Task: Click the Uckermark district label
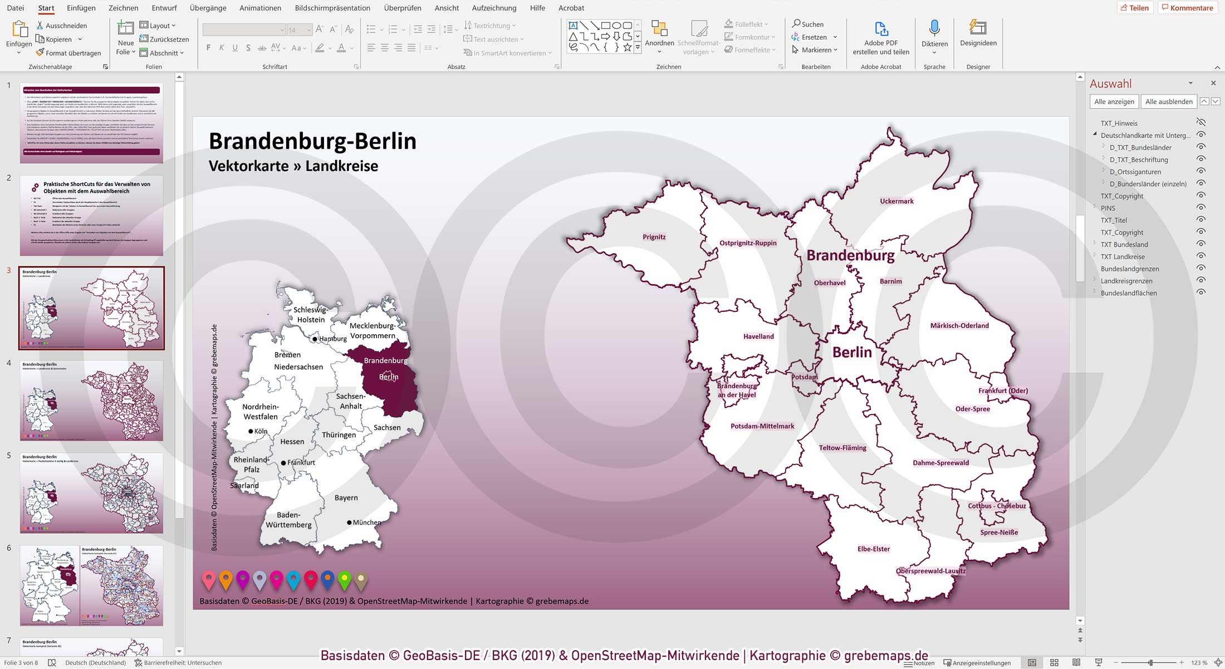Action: click(896, 201)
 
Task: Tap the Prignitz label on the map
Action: click(654, 237)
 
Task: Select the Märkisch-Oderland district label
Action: click(959, 325)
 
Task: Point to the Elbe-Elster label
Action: click(873, 549)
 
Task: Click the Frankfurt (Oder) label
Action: click(1003, 390)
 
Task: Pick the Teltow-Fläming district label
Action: click(842, 447)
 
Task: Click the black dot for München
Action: click(349, 522)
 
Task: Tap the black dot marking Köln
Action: click(251, 431)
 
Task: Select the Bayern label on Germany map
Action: click(346, 497)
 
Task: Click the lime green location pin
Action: click(345, 579)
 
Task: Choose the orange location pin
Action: click(226, 579)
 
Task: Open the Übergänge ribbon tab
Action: click(208, 8)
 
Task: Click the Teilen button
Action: click(1134, 8)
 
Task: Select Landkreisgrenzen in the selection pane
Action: click(1126, 281)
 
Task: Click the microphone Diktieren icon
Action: click(934, 29)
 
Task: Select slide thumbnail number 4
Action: click(91, 401)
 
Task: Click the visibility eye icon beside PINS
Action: click(1201, 208)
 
